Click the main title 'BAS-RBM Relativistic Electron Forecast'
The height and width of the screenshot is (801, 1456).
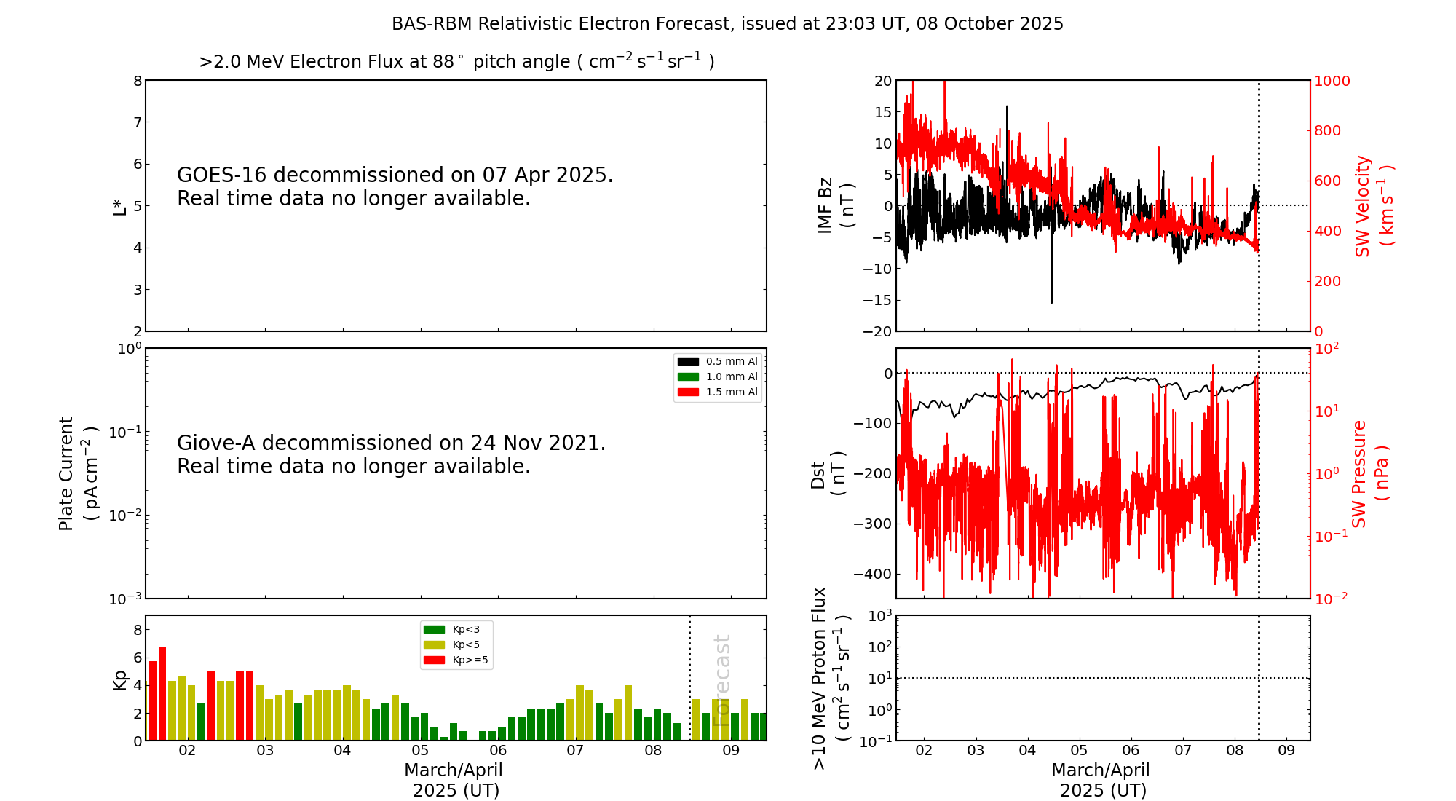pyautogui.click(x=561, y=24)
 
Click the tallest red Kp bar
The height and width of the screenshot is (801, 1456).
pyautogui.click(x=162, y=692)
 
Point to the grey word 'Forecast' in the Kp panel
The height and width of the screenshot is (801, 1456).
pyautogui.click(x=721, y=680)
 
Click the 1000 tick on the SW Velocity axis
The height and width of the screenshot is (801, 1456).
pyautogui.click(x=1332, y=81)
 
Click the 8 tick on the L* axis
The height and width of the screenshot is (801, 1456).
pyautogui.click(x=138, y=81)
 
